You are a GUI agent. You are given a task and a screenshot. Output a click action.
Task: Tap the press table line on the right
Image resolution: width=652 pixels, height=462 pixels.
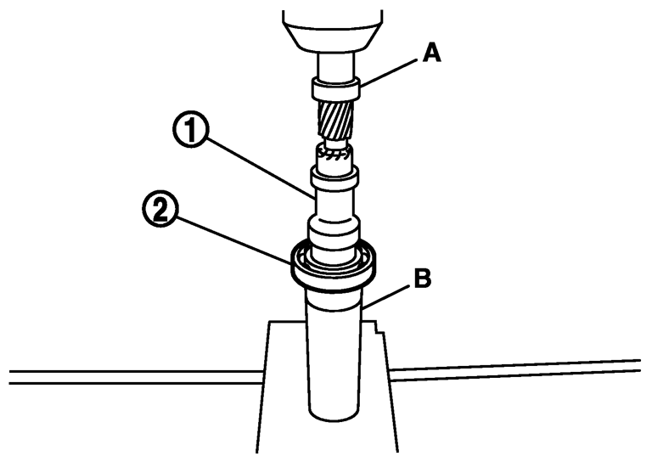(x=518, y=370)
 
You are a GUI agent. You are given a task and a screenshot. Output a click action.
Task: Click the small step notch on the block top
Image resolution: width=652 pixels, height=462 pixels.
(x=374, y=326)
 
